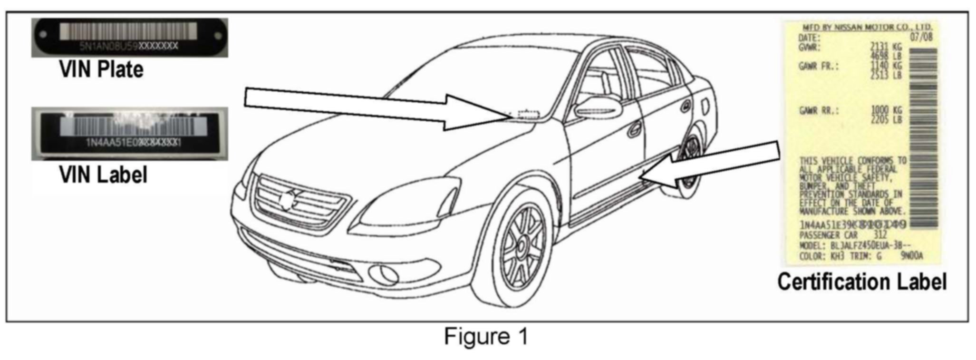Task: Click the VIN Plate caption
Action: [101, 69]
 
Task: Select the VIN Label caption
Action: [103, 175]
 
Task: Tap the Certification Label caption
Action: [861, 282]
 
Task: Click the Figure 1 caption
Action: [486, 337]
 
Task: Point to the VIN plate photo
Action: [129, 38]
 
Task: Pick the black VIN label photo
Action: [129, 134]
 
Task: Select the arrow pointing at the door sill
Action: [713, 164]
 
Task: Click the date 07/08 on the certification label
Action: [921, 37]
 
